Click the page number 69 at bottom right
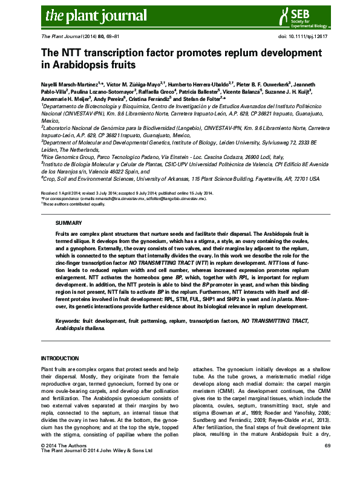[x=327, y=462]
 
